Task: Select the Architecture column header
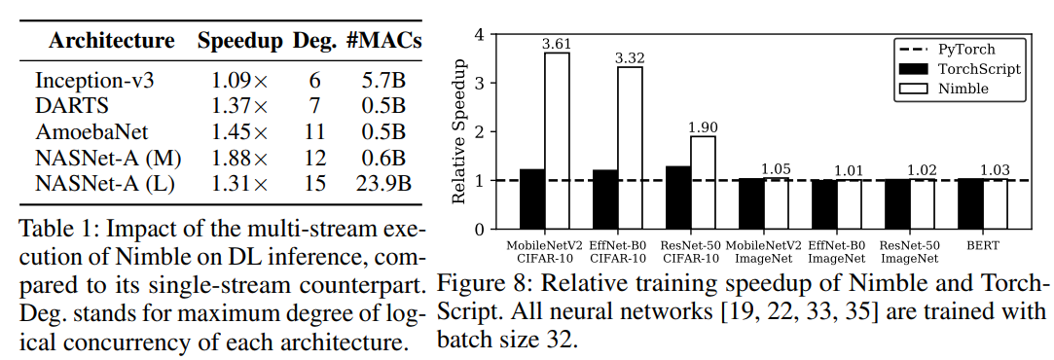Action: coord(112,42)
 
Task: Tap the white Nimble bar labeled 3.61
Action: coord(557,141)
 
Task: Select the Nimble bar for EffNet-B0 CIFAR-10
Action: coord(630,148)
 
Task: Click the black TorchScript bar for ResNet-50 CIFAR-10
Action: coord(677,198)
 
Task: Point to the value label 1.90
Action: coord(703,127)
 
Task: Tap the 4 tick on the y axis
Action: coord(478,34)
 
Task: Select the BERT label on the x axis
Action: coord(994,245)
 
